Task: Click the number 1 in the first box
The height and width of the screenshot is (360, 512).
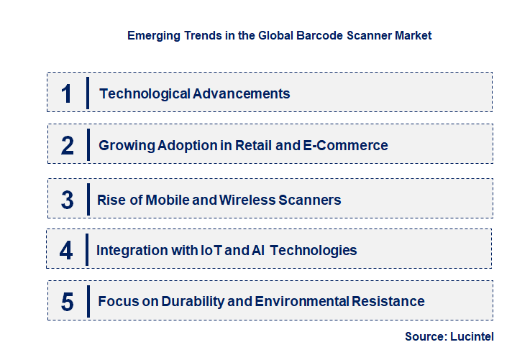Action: point(67,93)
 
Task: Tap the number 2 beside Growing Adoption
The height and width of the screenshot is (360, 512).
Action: point(68,145)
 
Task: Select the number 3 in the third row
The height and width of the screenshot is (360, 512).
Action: point(68,200)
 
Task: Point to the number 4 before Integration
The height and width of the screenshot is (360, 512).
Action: point(67,251)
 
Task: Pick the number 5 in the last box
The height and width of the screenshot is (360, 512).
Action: point(68,302)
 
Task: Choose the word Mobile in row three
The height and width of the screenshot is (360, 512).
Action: point(168,200)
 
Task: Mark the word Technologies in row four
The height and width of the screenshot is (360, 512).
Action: point(317,251)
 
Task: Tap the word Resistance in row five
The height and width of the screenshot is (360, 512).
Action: point(389,302)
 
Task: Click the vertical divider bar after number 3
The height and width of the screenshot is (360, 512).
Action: point(87,198)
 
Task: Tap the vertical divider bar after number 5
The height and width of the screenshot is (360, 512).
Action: point(87,300)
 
